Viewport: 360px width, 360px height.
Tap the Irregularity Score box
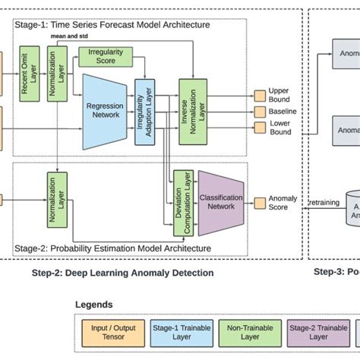106,57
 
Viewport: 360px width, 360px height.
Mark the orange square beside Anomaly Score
259,201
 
